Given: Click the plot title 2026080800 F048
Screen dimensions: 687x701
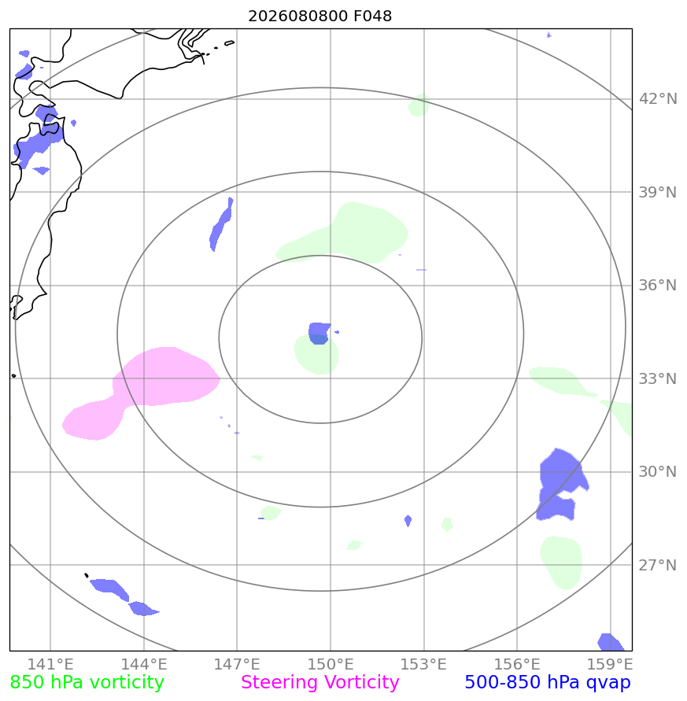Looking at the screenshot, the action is point(319,16).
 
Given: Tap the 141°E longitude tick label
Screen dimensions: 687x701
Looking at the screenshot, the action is point(50,664).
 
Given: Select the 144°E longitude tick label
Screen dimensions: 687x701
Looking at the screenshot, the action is point(143,664).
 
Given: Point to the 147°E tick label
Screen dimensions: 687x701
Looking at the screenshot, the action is point(237,664).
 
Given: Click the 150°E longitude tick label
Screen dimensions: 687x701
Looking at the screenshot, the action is point(330,664).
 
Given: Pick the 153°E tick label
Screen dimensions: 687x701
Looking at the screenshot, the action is point(423,664).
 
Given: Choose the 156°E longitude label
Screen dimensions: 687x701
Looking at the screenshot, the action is point(516,664).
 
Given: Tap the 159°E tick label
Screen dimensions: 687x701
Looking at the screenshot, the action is point(610,664).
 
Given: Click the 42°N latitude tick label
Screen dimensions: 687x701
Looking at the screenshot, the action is point(657,99).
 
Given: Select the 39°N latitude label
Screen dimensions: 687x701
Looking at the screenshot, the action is point(657,192).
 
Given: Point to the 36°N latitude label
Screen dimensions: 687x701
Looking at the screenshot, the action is point(657,286).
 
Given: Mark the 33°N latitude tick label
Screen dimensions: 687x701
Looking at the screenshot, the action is point(657,378).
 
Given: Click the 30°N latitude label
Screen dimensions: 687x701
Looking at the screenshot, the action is point(657,471).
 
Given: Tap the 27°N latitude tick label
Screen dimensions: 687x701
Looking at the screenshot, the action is point(657,565).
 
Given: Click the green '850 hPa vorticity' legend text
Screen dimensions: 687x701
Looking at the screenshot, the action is point(87,683).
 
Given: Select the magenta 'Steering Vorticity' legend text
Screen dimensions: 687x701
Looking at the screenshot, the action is point(319,683).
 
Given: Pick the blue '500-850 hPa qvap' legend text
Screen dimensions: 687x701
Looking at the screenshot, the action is point(548,683).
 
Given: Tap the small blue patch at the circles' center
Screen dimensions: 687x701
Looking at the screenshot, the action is point(319,333).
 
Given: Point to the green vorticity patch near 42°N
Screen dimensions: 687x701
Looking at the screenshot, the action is point(419,105).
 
